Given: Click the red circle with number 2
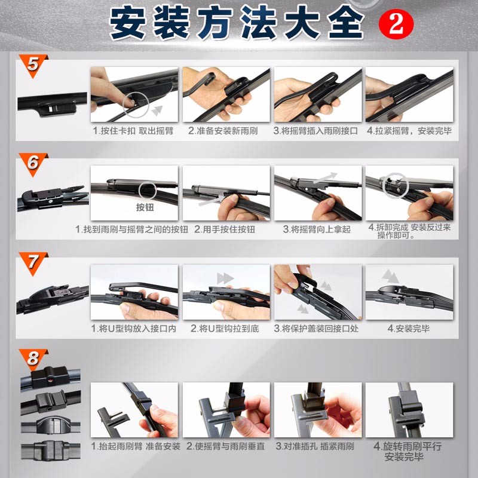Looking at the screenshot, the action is pyautogui.click(x=396, y=23).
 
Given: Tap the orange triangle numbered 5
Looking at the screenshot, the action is pyautogui.click(x=33, y=65).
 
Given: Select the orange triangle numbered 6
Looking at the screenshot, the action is pyautogui.click(x=33, y=163).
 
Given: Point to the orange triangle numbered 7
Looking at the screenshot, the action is pyautogui.click(x=33, y=262).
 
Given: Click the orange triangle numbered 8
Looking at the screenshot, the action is pyautogui.click(x=33, y=359).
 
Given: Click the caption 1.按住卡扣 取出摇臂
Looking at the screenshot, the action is pyautogui.click(x=133, y=131).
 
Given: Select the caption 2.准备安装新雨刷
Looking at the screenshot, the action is pyautogui.click(x=223, y=131).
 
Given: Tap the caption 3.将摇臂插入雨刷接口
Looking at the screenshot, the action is pyautogui.click(x=315, y=131).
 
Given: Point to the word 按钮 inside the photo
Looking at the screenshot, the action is pyautogui.click(x=145, y=207).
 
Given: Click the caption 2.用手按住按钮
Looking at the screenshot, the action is pyautogui.click(x=225, y=229).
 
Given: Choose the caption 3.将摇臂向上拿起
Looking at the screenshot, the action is pyautogui.click(x=317, y=229).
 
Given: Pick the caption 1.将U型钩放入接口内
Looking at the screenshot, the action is pyautogui.click(x=133, y=328).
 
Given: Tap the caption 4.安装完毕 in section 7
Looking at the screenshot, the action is pyautogui.click(x=409, y=328).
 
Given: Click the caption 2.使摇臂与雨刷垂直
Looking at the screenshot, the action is pyautogui.click(x=226, y=446).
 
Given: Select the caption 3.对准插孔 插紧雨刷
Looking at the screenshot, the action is pyautogui.click(x=315, y=446).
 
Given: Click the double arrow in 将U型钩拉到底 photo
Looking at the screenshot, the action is pyautogui.click(x=225, y=278).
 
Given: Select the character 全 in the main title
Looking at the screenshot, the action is pyautogui.click(x=346, y=23).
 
